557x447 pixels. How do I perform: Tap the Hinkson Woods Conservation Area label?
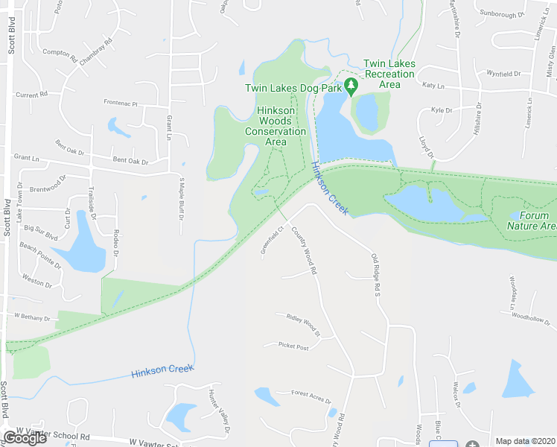pos(276,126)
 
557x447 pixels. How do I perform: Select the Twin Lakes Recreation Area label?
pos(388,74)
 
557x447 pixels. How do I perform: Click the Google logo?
pos(25,438)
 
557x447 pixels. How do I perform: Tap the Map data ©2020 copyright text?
pos(526,441)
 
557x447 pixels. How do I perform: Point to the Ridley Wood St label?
pos(302,325)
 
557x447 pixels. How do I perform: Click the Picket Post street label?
pos(293,346)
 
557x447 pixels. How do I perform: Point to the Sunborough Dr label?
pos(502,14)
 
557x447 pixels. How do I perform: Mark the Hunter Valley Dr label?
pos(218,412)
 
